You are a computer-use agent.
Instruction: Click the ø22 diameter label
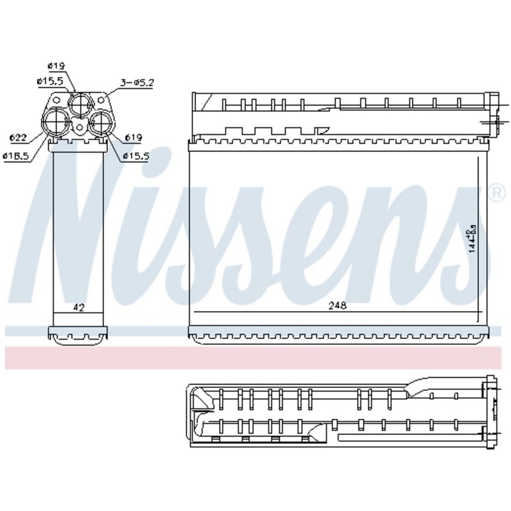click(18, 137)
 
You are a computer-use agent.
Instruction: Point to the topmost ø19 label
click(56, 65)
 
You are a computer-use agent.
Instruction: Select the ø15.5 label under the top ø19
click(49, 82)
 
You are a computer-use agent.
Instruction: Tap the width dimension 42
click(79, 307)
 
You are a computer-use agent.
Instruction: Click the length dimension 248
click(337, 306)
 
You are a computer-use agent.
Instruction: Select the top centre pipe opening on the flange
click(80, 102)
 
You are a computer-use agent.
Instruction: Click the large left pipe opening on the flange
click(56, 120)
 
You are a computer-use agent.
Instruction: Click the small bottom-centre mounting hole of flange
click(79, 128)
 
